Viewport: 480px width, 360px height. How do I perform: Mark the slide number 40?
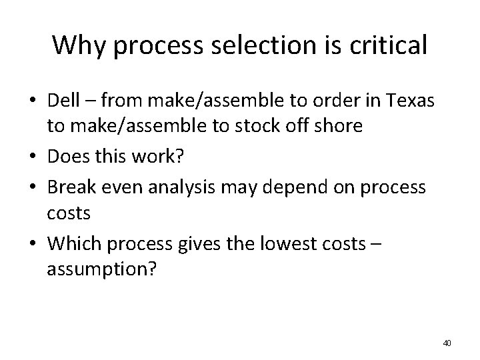click(x=447, y=343)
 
